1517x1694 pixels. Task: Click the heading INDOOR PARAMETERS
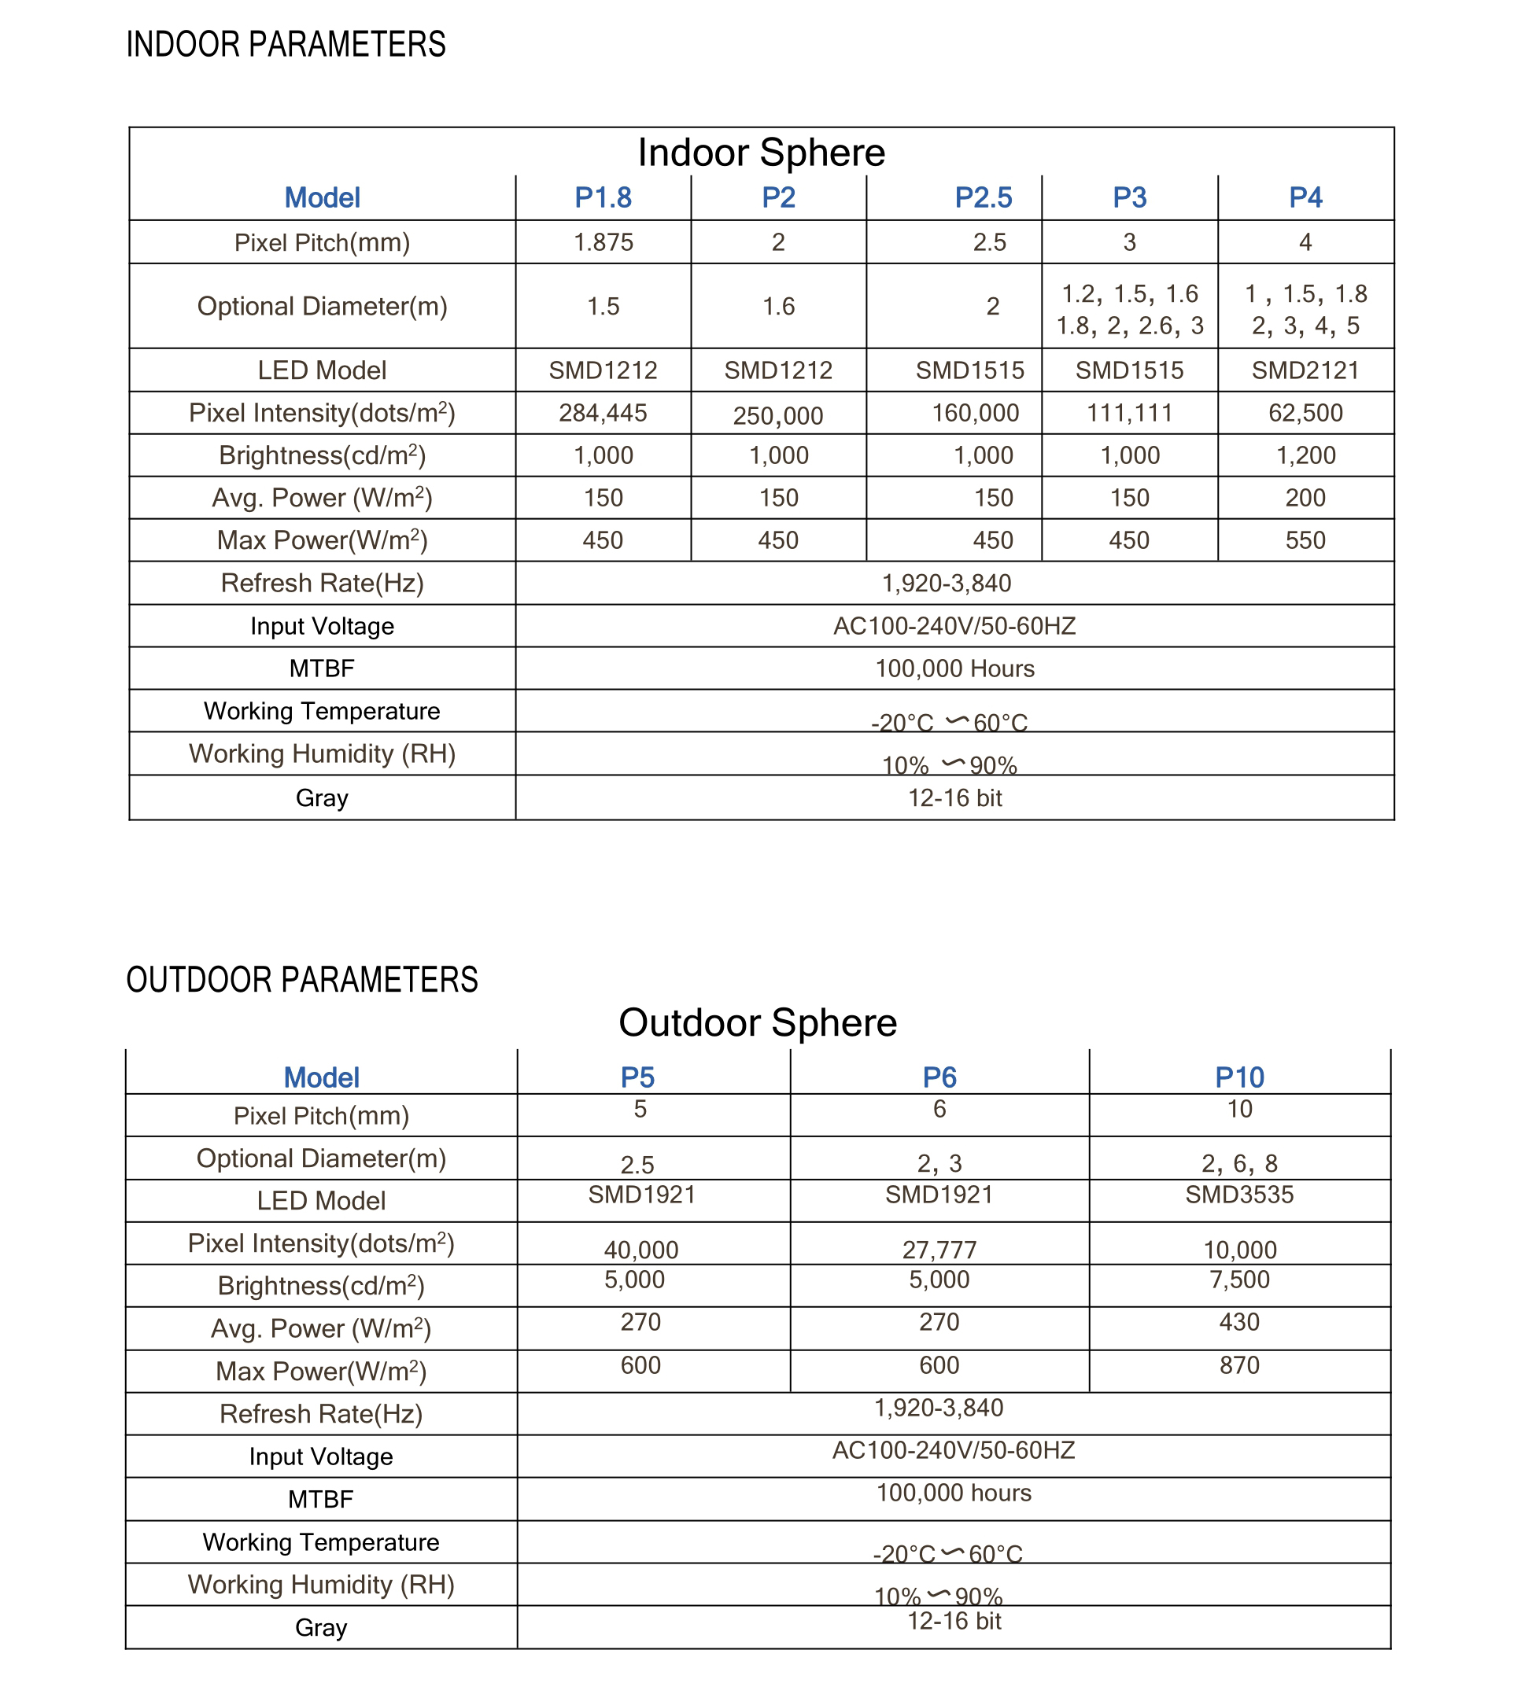pyautogui.click(x=286, y=44)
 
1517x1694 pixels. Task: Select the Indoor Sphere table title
pyautogui.click(x=761, y=153)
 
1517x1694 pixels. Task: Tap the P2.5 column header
pyautogui.click(x=983, y=197)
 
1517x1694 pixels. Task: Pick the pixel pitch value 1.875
pyautogui.click(x=603, y=242)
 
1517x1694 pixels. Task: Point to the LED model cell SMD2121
pyautogui.click(x=1305, y=370)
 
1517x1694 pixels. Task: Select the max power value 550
pyautogui.click(x=1305, y=540)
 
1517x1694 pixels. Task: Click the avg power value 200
pyautogui.click(x=1305, y=498)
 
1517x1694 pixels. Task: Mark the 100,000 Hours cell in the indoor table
pyautogui.click(x=954, y=668)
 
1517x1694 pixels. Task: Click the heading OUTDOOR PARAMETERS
pyautogui.click(x=301, y=980)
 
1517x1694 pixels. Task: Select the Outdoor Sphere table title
pyautogui.click(x=758, y=1022)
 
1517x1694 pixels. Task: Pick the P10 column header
pyautogui.click(x=1239, y=1077)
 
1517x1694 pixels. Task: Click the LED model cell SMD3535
pyautogui.click(x=1239, y=1195)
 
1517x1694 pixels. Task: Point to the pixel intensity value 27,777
pyautogui.click(x=939, y=1250)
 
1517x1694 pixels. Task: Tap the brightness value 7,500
pyautogui.click(x=1239, y=1280)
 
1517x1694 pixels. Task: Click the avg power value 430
pyautogui.click(x=1239, y=1322)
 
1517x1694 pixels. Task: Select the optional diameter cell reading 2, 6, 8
pyautogui.click(x=1239, y=1163)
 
